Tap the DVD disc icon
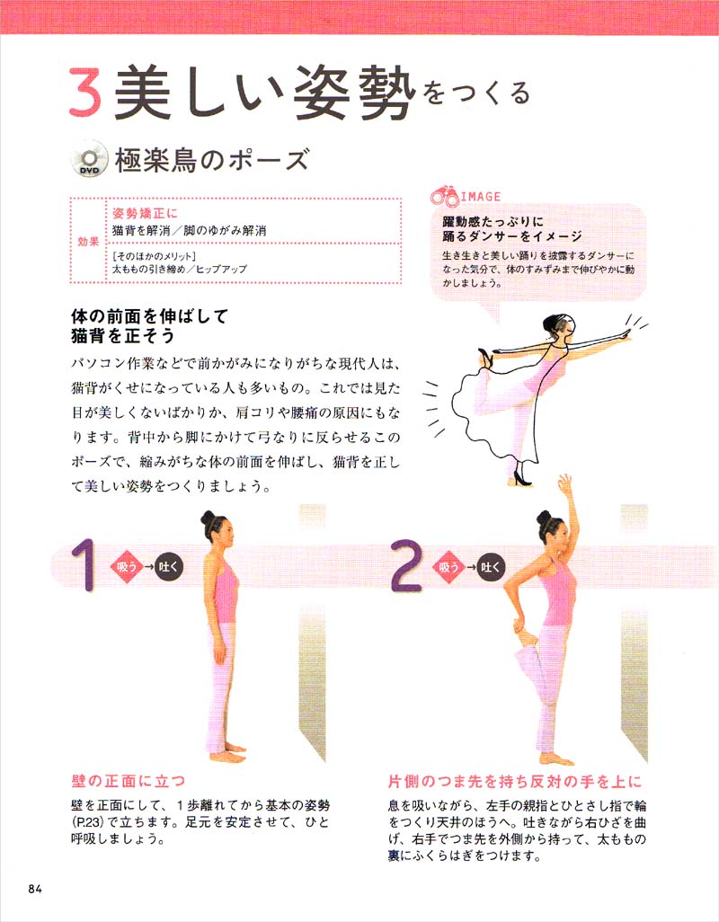87,161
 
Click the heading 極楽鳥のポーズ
211,162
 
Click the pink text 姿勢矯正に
146,214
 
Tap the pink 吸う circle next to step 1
125,567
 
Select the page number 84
35,889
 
